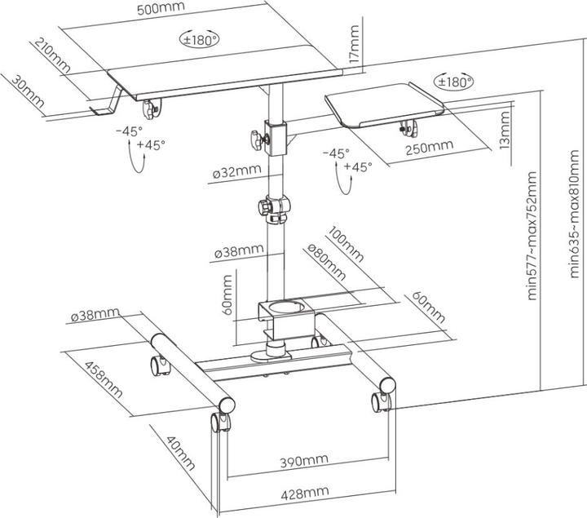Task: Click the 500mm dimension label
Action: point(161,7)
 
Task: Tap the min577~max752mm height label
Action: point(534,236)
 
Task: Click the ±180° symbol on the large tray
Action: point(199,38)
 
